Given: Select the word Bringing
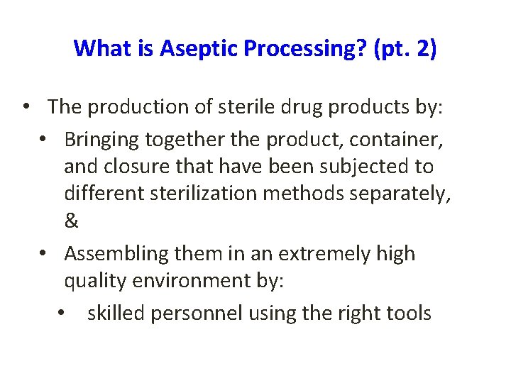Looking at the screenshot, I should pyautogui.click(x=101, y=140).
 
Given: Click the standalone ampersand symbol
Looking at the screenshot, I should pyautogui.click(x=71, y=221).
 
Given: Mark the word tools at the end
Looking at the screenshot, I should pyautogui.click(x=407, y=313).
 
